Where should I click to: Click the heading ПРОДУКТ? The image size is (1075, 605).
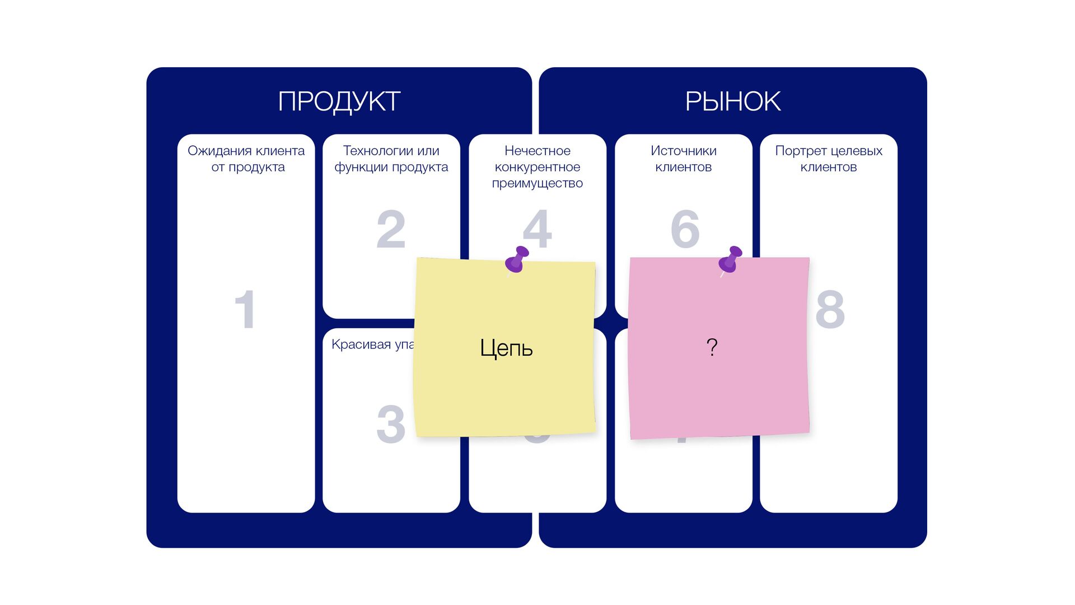click(x=339, y=101)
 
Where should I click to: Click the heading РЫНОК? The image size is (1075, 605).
click(x=733, y=101)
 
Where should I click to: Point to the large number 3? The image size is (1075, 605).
click(x=391, y=424)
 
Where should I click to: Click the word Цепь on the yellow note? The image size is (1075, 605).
click(x=506, y=348)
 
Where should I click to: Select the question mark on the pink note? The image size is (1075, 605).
click(x=712, y=347)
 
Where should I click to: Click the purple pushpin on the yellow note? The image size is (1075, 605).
click(x=516, y=260)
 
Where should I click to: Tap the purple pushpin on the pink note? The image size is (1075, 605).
click(x=730, y=260)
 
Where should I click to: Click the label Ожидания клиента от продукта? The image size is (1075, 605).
click(x=246, y=159)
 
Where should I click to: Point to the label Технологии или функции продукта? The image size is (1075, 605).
click(x=391, y=159)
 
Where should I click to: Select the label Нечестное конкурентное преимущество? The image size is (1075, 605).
click(x=537, y=166)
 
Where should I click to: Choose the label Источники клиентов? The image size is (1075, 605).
click(x=683, y=159)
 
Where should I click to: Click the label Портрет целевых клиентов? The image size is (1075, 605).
click(x=829, y=159)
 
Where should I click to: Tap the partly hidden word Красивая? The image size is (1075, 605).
click(x=361, y=344)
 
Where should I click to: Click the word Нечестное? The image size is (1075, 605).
click(x=537, y=151)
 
